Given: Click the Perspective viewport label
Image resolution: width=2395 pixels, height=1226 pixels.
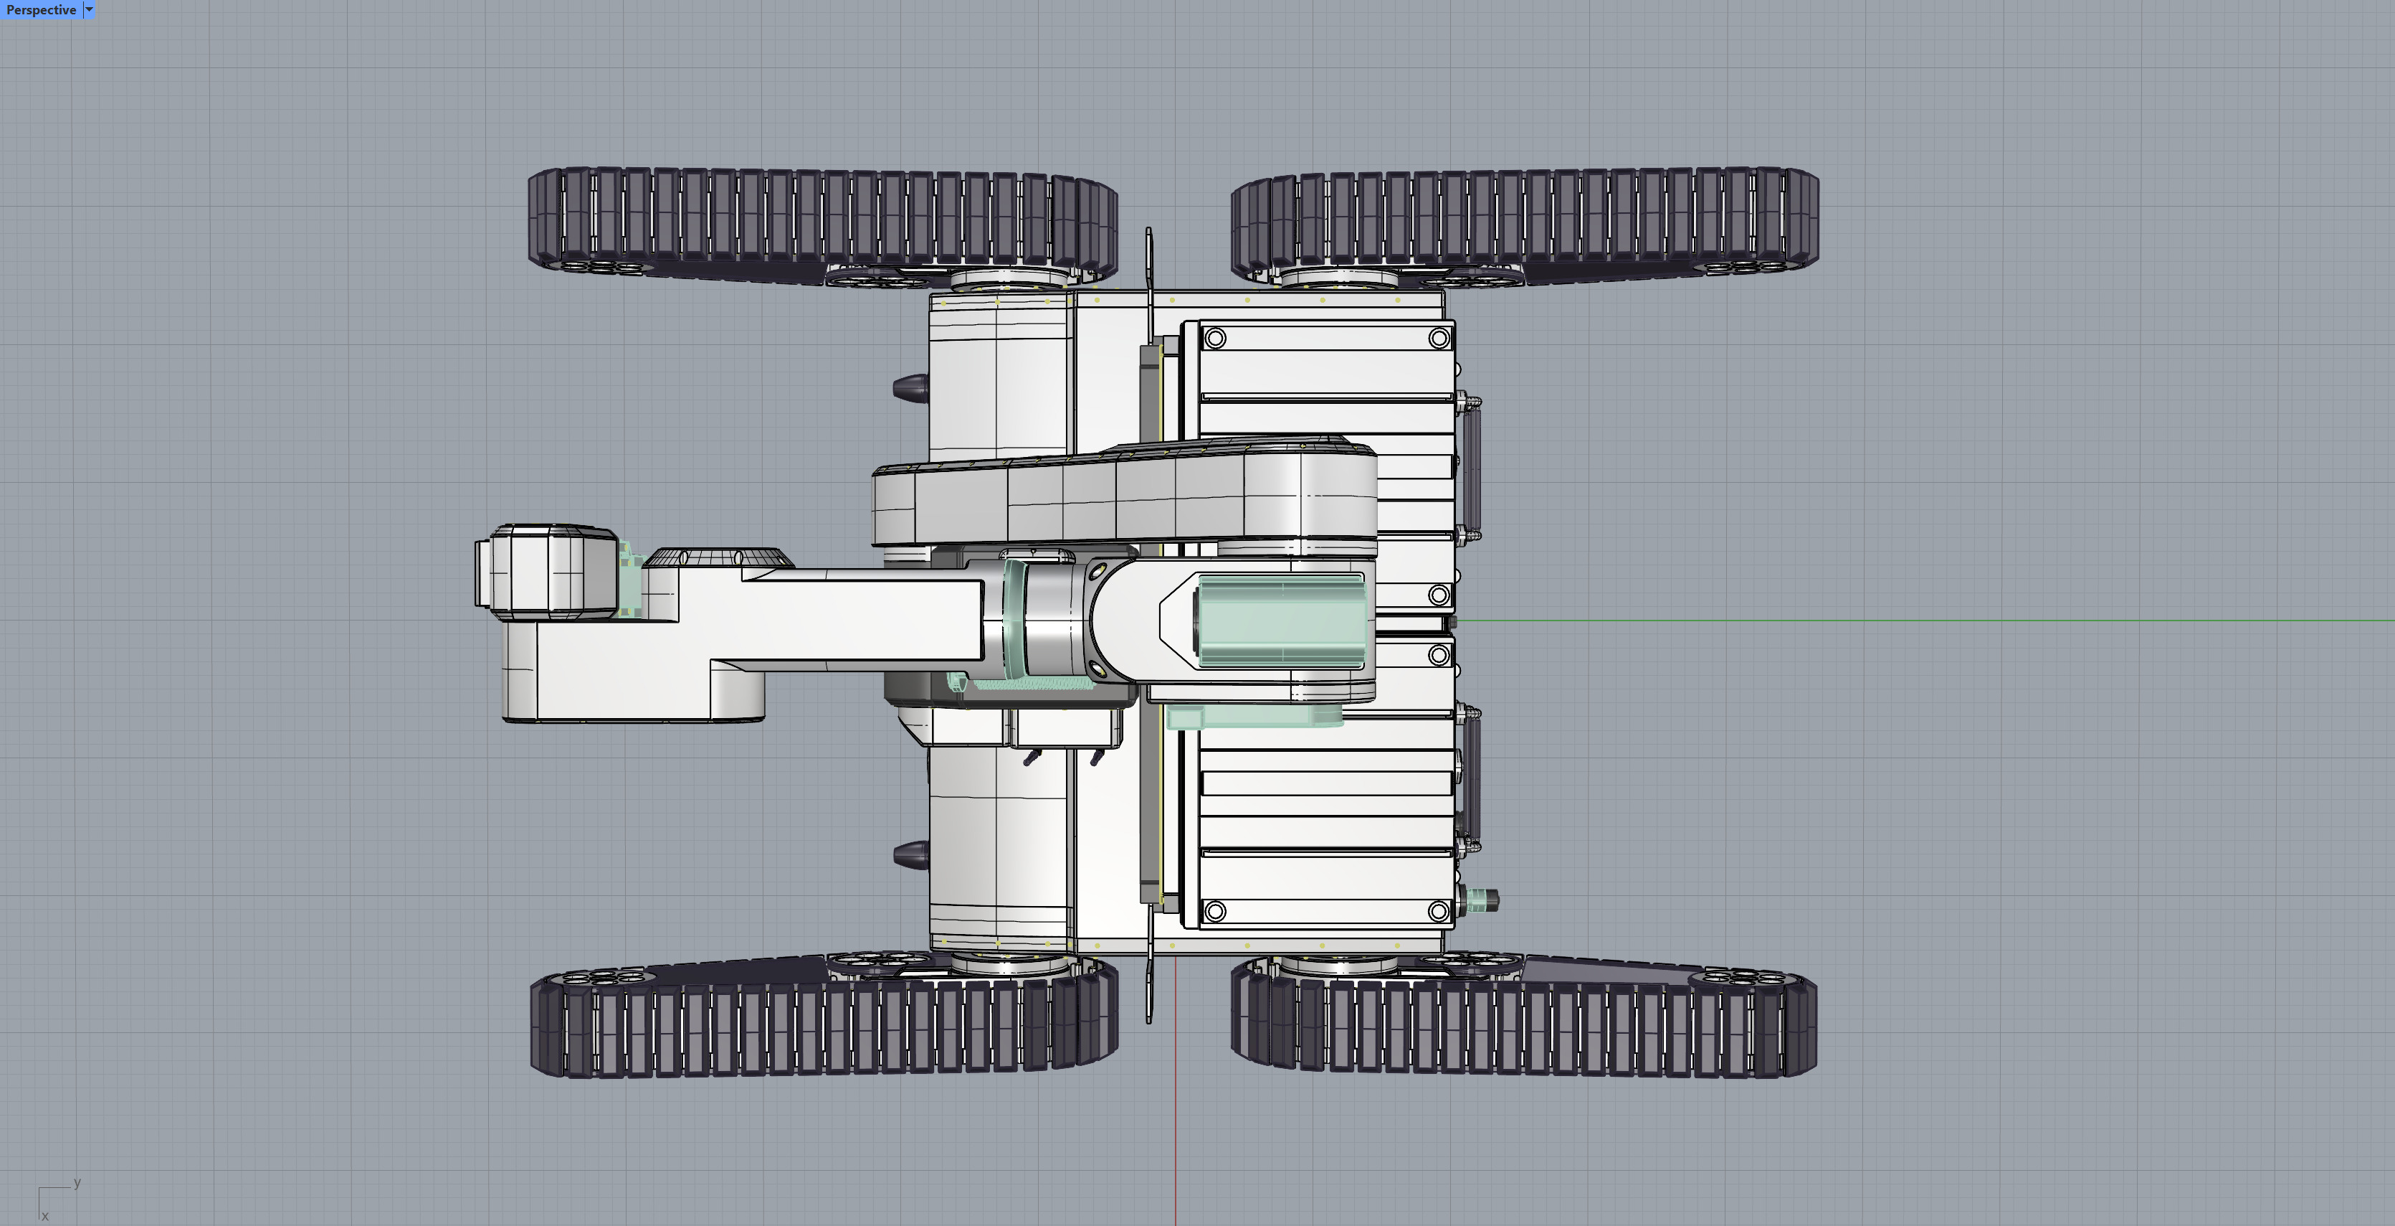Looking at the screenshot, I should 41,10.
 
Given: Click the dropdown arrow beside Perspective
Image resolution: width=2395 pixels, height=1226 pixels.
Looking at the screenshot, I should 90,10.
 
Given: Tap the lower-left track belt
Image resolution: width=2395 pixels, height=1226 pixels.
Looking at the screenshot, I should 822,1028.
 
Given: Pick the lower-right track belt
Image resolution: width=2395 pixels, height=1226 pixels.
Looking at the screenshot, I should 1525,1028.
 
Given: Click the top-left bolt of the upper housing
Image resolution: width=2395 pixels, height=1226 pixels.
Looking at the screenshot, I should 1214,339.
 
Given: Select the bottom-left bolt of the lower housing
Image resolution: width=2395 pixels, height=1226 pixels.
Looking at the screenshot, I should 1214,910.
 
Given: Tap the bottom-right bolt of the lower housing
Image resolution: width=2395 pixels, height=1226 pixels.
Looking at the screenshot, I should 1438,910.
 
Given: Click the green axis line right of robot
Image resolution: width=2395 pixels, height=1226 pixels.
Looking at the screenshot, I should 1953,620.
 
